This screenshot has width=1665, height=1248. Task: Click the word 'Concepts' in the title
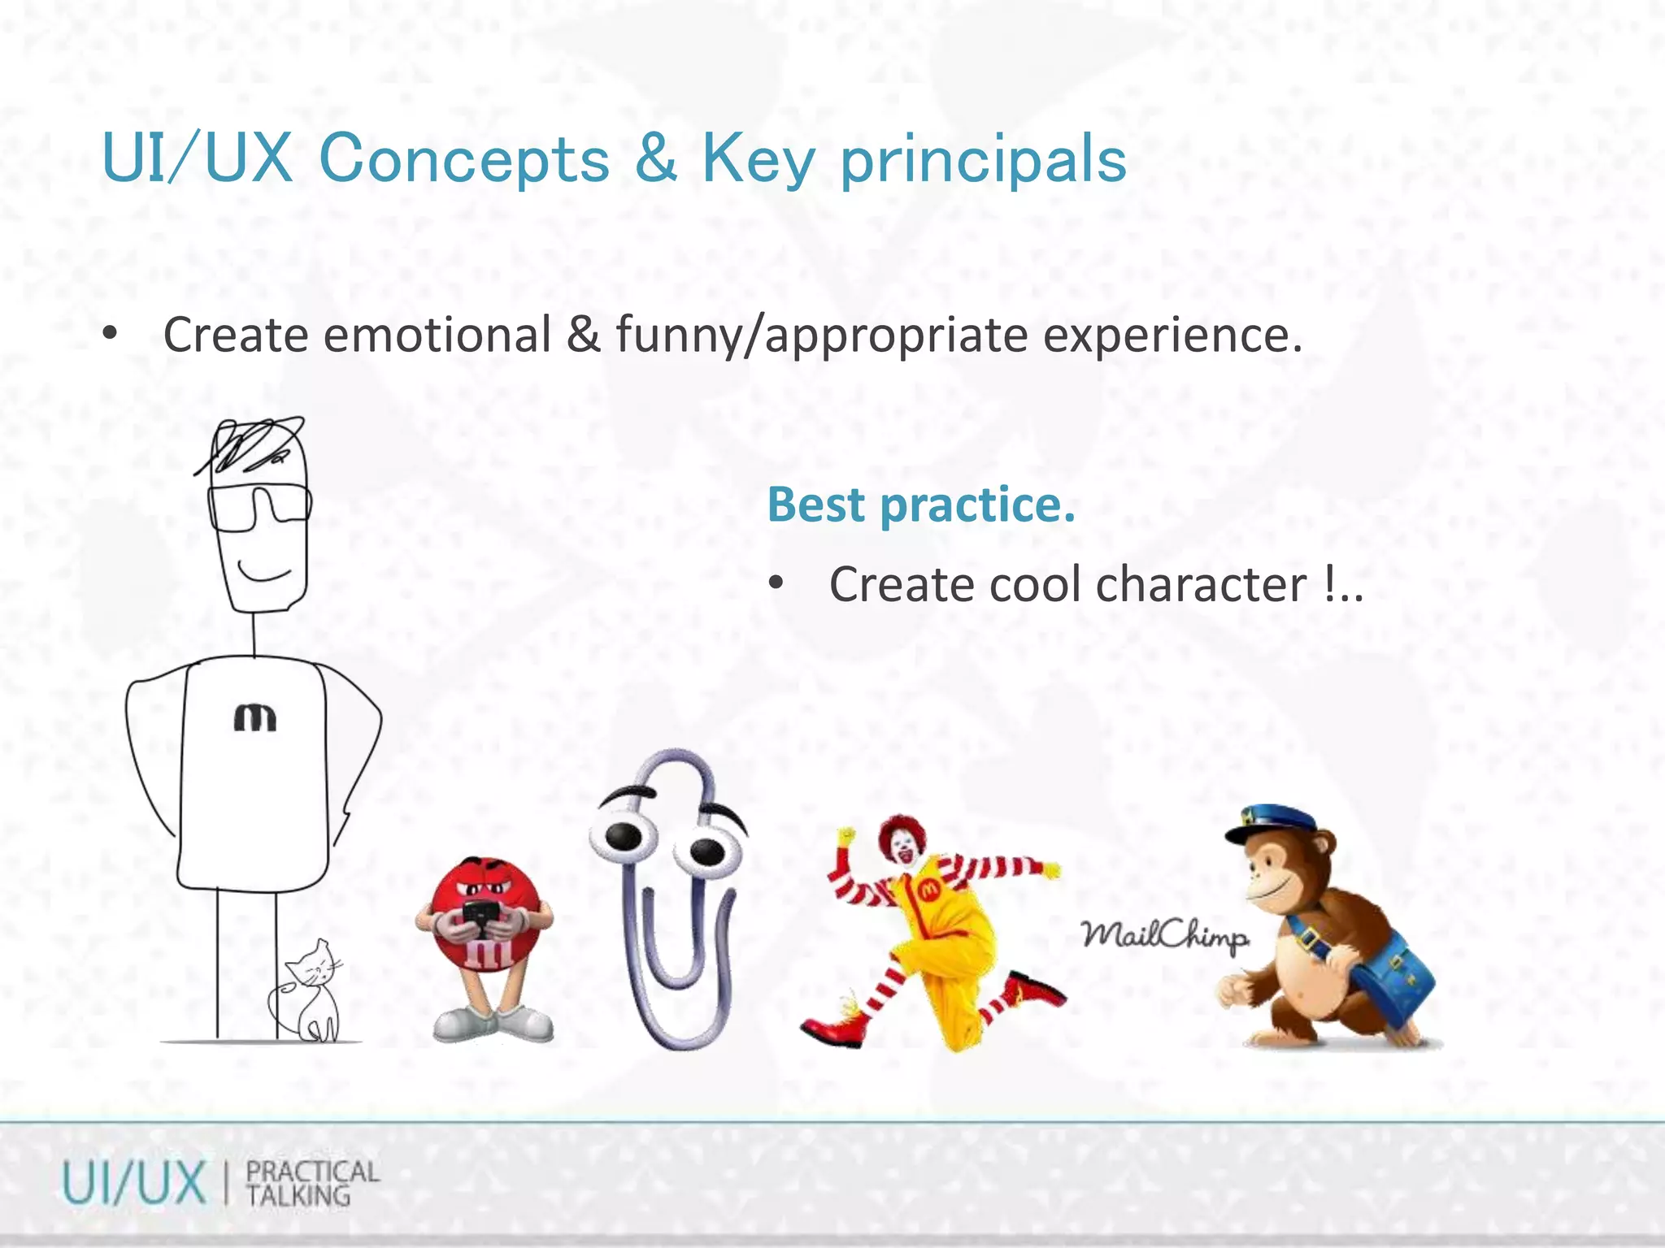tap(463, 158)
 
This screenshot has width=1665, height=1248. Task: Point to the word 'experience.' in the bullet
tap(1172, 336)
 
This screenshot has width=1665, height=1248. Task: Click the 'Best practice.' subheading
tap(921, 505)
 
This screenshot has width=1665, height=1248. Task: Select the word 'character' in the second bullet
tap(1201, 584)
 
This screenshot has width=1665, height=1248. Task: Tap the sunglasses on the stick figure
tap(259, 507)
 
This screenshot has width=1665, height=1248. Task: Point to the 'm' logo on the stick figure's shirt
tap(255, 717)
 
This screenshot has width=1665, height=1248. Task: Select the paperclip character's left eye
tap(623, 836)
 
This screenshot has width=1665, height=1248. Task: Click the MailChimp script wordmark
tap(1164, 936)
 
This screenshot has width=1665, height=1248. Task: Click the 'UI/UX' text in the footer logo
tap(133, 1184)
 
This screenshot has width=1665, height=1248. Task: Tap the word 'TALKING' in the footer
tap(298, 1196)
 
